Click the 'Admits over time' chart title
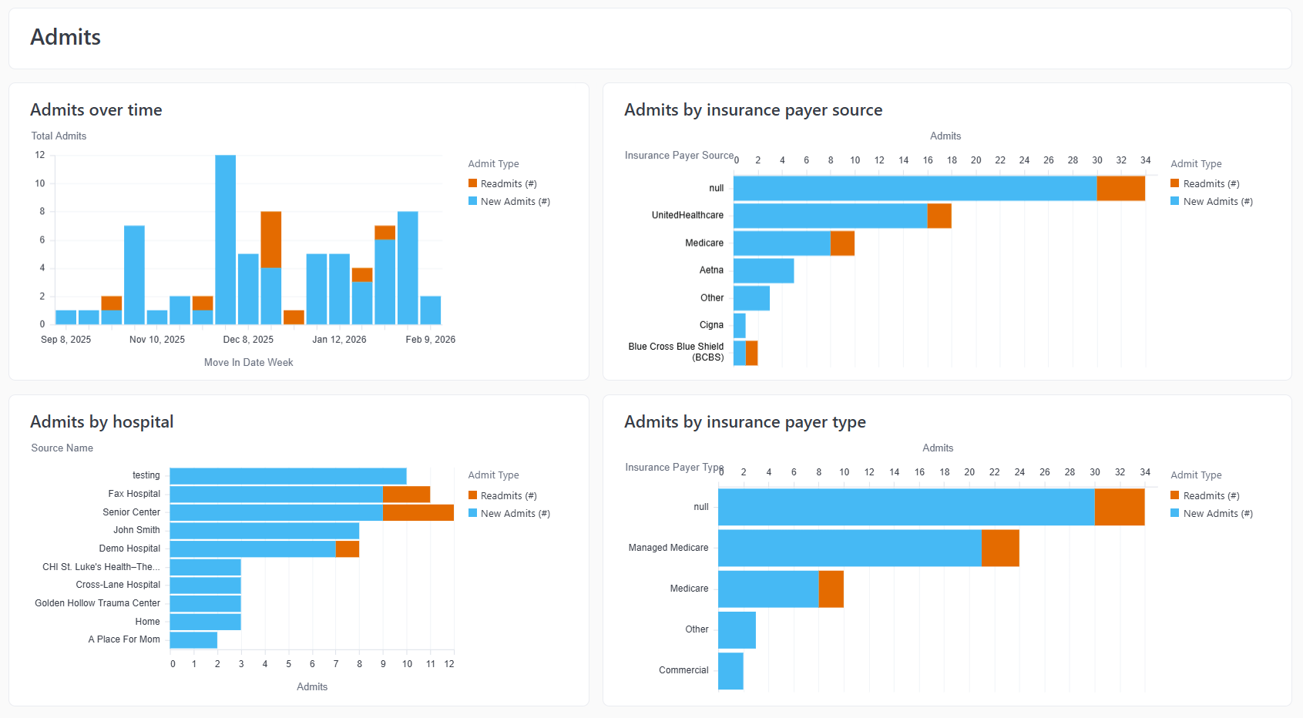96,110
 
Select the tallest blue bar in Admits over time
226,240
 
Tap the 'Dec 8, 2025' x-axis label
248,340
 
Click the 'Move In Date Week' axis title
248,362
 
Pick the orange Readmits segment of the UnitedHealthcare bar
939,216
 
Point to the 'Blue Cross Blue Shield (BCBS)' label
676,352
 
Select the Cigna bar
739,326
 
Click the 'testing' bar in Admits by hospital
288,476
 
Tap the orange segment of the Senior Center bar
418,513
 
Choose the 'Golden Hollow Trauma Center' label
97,603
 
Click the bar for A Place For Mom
193,640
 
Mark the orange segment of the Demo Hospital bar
348,549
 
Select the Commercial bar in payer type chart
730,671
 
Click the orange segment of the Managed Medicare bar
1000,549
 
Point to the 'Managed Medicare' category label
668,548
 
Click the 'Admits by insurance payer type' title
744,422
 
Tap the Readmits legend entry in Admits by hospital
502,495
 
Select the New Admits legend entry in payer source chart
1211,201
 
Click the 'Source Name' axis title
62,448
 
